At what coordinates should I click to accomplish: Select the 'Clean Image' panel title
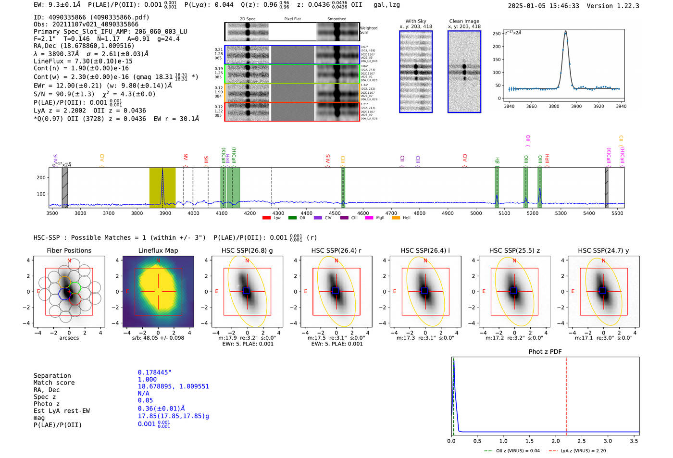(x=464, y=21)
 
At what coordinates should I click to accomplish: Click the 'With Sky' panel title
(x=415, y=21)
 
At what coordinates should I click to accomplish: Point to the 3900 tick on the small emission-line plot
(x=576, y=106)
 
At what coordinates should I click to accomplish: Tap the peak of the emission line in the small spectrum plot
(x=565, y=32)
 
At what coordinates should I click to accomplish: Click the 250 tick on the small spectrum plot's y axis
(x=497, y=34)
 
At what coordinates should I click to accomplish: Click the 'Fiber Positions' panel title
(x=69, y=250)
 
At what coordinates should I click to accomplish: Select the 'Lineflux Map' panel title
(x=158, y=250)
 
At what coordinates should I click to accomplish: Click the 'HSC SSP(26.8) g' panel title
(x=247, y=250)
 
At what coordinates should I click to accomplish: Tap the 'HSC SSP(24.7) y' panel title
(x=603, y=250)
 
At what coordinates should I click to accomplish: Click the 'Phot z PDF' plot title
(x=545, y=352)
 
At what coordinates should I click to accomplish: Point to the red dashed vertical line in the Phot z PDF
(x=566, y=394)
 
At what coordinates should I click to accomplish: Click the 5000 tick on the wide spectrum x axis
(x=476, y=213)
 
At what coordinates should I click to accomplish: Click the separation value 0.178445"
(x=154, y=372)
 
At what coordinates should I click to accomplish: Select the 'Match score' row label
(x=54, y=383)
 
